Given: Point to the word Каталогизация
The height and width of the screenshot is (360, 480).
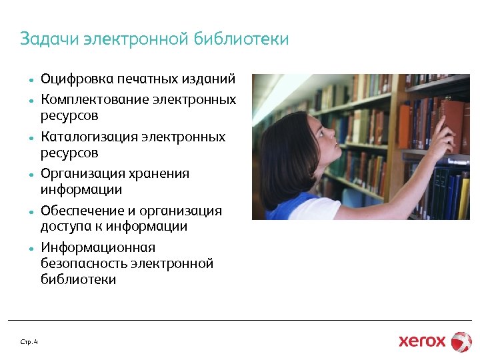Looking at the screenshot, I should [89, 137].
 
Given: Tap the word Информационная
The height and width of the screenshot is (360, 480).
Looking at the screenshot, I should [97, 248].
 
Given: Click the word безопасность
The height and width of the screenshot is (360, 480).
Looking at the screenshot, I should [84, 264].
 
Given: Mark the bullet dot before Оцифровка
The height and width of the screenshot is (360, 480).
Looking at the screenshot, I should [31, 81].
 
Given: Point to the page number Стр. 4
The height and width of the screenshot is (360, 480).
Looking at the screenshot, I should [29, 342].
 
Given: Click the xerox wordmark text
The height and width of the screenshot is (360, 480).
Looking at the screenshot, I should [422, 341].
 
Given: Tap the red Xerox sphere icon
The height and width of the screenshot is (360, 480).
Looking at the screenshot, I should [461, 341].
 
